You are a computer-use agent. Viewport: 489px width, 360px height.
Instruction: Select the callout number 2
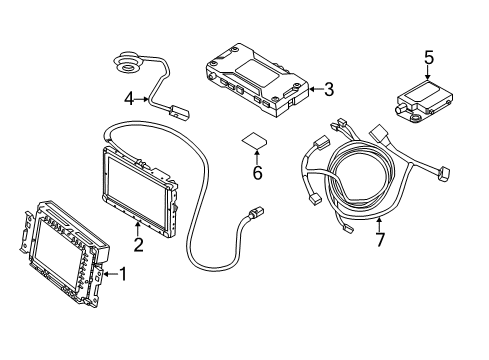(x=138, y=243)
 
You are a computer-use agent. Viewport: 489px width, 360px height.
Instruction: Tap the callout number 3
(x=327, y=90)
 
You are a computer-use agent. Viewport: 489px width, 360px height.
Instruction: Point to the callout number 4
(x=128, y=98)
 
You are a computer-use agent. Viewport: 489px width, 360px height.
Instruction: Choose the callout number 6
(x=258, y=172)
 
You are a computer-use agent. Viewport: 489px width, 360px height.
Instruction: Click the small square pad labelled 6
(x=255, y=140)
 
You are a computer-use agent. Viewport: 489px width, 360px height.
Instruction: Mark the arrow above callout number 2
(x=138, y=228)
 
